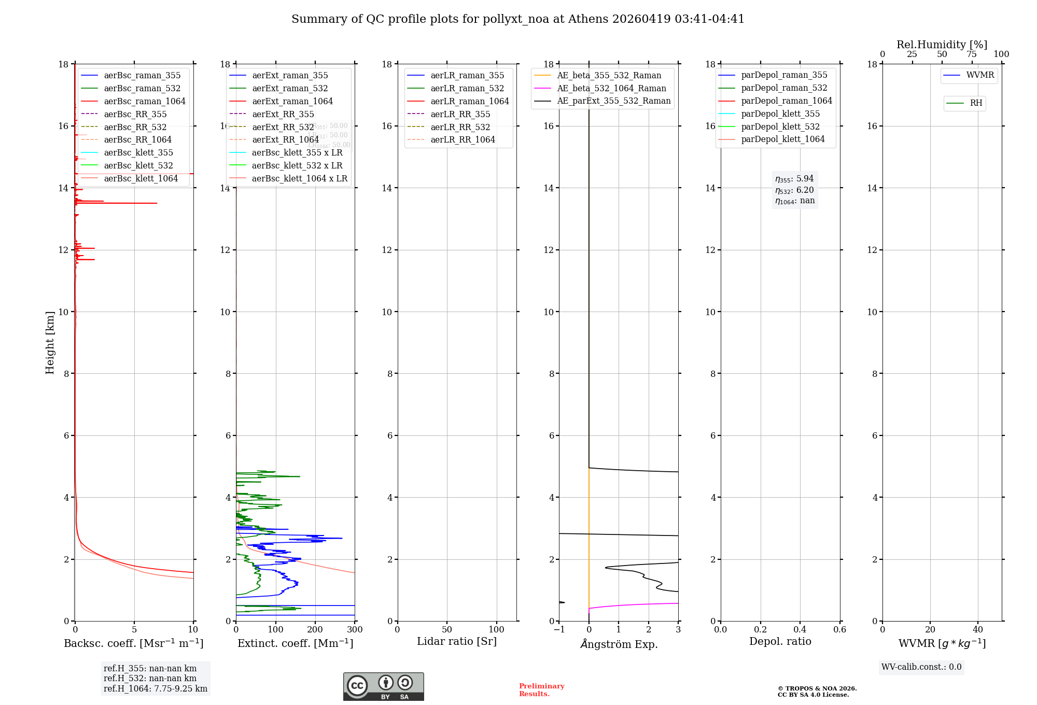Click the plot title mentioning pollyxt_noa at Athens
(x=517, y=19)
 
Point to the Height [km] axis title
(x=50, y=343)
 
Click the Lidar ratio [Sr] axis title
(x=456, y=641)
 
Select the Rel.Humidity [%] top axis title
(x=942, y=45)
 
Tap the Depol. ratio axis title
(x=780, y=641)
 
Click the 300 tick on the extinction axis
(x=355, y=630)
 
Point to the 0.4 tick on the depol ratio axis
(x=800, y=630)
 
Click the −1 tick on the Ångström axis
(x=559, y=630)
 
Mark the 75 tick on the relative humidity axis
(x=972, y=54)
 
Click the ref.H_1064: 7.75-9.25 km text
(x=156, y=689)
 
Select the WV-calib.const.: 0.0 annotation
(x=921, y=667)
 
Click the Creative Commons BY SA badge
(x=383, y=687)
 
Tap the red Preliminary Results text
(x=541, y=690)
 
